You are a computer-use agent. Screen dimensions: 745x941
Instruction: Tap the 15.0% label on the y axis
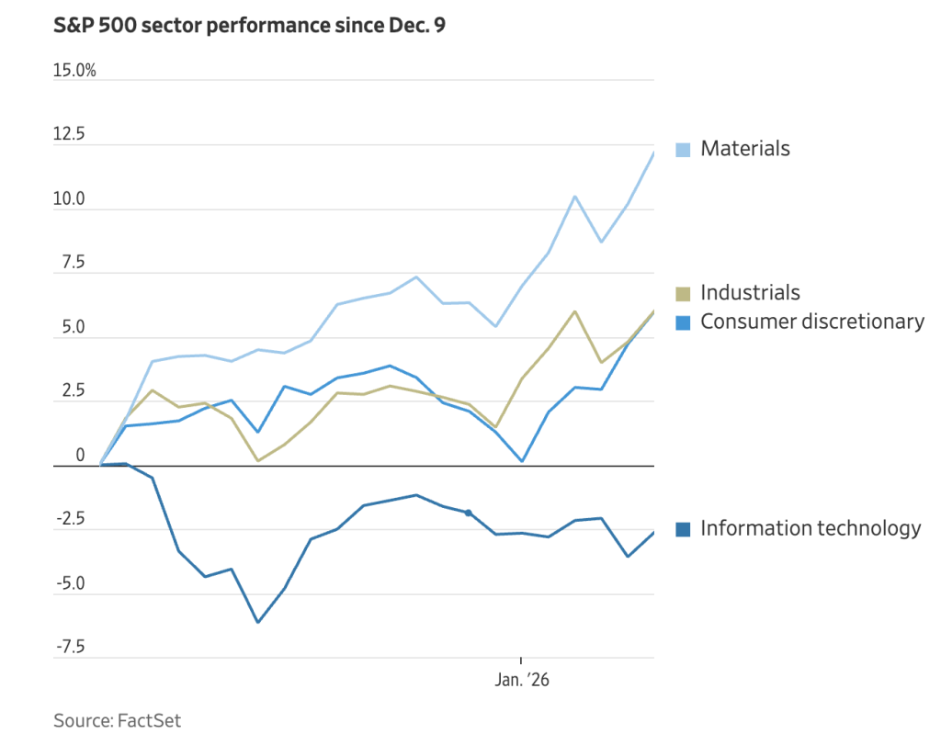point(74,71)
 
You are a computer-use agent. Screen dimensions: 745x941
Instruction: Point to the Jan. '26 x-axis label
point(522,681)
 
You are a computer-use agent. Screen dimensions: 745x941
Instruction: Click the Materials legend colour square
point(683,150)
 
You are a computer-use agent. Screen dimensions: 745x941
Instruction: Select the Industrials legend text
point(750,293)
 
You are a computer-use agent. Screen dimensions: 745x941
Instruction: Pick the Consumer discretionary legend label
point(812,322)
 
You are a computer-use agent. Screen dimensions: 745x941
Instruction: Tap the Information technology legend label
point(811,528)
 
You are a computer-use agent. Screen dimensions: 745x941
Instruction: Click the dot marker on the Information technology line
point(469,513)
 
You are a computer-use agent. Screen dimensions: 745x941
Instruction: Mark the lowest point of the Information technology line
point(257,622)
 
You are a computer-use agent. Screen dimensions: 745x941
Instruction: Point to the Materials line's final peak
point(653,152)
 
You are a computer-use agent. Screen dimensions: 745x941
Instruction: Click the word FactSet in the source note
point(149,720)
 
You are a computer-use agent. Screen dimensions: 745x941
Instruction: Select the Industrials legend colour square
point(683,294)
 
